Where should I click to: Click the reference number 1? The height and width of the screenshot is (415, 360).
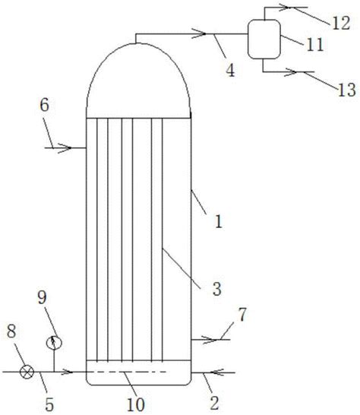219,222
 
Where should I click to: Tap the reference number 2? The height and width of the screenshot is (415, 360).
214,403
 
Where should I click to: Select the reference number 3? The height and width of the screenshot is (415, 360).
217,289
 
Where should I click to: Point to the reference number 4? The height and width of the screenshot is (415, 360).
230,71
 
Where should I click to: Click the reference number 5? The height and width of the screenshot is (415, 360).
49,404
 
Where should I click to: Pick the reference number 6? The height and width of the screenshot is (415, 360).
45,105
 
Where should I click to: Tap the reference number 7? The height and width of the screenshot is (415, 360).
242,315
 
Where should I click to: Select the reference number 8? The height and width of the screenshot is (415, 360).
11,331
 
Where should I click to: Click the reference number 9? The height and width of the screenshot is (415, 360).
42,297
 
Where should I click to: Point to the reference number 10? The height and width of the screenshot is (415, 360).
136,404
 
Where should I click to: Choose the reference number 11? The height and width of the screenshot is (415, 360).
314,44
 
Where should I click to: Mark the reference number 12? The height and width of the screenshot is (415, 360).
341,23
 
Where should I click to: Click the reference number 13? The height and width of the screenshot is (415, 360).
347,90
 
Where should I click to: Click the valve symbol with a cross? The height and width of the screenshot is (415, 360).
27,372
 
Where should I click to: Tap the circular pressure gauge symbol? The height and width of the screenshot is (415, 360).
54,343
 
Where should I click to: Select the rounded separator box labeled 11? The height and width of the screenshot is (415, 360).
264,39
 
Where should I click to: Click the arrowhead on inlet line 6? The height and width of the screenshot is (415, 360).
65,147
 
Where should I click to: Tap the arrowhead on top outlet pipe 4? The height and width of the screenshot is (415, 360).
199,33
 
